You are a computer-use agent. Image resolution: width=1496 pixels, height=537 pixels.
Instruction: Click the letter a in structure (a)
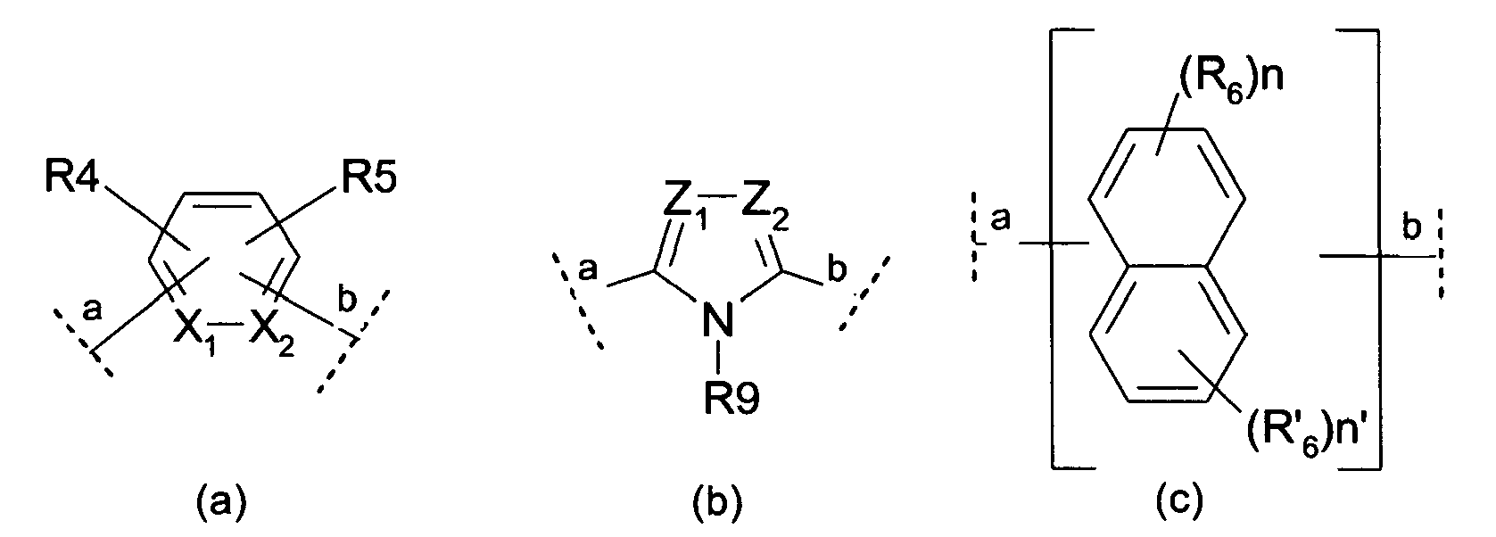(x=90, y=311)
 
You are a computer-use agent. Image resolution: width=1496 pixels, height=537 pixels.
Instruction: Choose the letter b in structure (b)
(x=836, y=268)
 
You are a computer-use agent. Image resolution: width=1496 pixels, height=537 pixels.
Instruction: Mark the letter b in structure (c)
(x=1409, y=230)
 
